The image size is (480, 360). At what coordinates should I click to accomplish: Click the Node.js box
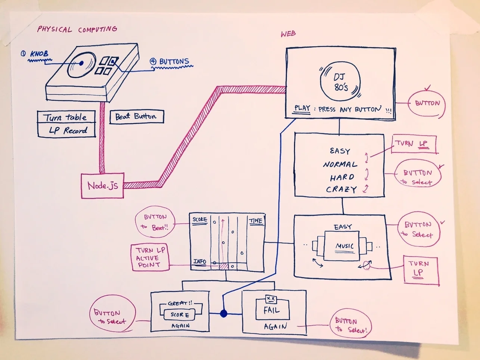click(102, 186)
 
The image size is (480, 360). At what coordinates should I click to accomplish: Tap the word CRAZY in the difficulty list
click(341, 189)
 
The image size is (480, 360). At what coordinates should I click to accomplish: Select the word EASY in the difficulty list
click(340, 151)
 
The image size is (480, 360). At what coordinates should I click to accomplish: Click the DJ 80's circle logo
click(340, 82)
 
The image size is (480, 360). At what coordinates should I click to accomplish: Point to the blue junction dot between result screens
click(223, 313)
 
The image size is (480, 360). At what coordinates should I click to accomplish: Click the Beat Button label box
click(136, 117)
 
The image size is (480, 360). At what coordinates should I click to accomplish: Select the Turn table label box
click(66, 117)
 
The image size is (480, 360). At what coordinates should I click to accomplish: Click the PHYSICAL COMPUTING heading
click(77, 30)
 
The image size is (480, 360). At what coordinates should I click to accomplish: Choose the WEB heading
click(288, 34)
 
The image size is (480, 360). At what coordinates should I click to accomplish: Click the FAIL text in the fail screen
click(271, 310)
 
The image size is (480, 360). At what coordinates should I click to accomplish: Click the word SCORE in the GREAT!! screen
click(180, 315)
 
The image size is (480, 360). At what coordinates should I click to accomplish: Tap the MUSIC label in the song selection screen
click(344, 246)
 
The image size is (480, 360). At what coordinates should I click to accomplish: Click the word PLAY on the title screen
click(302, 108)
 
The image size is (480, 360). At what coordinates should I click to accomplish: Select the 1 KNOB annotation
click(35, 54)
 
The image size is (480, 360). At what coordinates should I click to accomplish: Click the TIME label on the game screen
click(256, 221)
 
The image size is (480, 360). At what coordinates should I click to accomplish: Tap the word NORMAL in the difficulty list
click(340, 164)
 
